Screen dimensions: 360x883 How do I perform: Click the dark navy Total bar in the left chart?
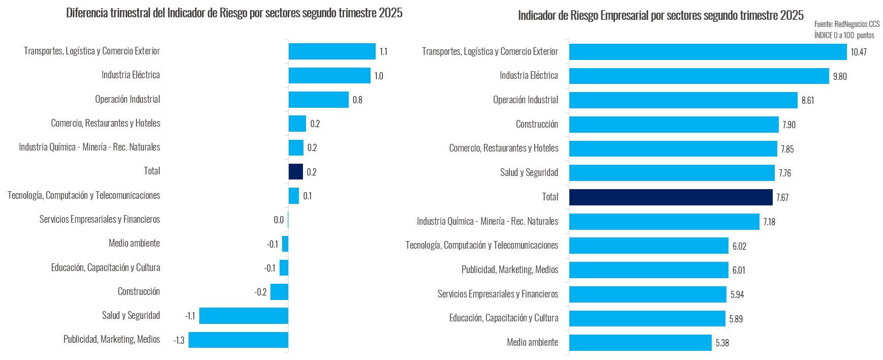[x=296, y=171]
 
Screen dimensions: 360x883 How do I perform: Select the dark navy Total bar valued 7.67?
[x=671, y=197]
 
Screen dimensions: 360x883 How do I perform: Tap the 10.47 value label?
[x=859, y=52]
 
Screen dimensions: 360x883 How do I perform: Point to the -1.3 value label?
[x=179, y=340]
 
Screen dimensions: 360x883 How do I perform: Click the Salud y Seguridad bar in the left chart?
[x=243, y=316]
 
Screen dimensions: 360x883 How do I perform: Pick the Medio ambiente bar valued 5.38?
[x=640, y=343]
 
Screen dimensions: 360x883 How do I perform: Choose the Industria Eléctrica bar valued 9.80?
[x=699, y=76]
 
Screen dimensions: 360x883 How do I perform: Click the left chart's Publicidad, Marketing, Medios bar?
[x=238, y=340]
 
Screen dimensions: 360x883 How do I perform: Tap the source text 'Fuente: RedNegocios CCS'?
[x=846, y=24]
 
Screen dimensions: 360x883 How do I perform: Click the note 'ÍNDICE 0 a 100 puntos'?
[x=844, y=35]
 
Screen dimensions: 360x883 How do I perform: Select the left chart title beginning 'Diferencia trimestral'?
[x=234, y=13]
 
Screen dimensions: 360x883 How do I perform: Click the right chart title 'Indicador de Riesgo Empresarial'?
[x=660, y=15]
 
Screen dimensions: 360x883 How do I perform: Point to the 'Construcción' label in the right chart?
[x=537, y=124]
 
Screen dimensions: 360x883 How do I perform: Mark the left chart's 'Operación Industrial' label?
[x=128, y=99]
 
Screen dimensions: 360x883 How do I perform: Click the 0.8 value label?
[x=357, y=100]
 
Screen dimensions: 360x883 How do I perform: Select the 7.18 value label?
[x=769, y=222]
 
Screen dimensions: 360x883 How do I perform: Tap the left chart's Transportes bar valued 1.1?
[x=332, y=51]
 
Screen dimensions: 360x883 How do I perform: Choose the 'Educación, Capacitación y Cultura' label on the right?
[x=504, y=318]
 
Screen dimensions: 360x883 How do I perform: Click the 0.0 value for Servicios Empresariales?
[x=279, y=220]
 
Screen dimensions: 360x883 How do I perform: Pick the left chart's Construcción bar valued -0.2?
[x=279, y=292]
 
